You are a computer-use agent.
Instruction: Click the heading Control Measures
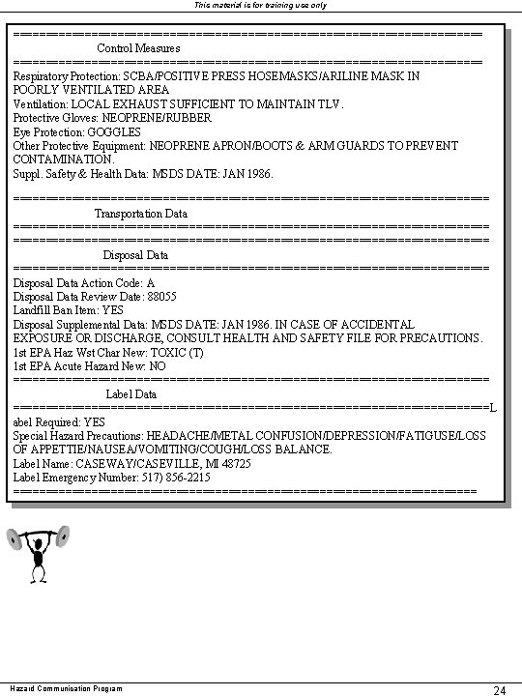click(138, 47)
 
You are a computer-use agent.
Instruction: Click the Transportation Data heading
click(141, 213)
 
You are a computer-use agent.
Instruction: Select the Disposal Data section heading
click(135, 254)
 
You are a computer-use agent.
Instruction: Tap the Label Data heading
click(131, 394)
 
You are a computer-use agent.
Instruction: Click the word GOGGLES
click(114, 131)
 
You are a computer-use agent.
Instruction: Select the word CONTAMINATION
click(62, 159)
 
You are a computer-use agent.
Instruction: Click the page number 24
click(501, 689)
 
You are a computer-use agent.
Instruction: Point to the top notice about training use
click(261, 5)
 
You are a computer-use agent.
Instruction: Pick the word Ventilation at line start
click(40, 103)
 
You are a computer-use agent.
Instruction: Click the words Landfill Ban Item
click(55, 310)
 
